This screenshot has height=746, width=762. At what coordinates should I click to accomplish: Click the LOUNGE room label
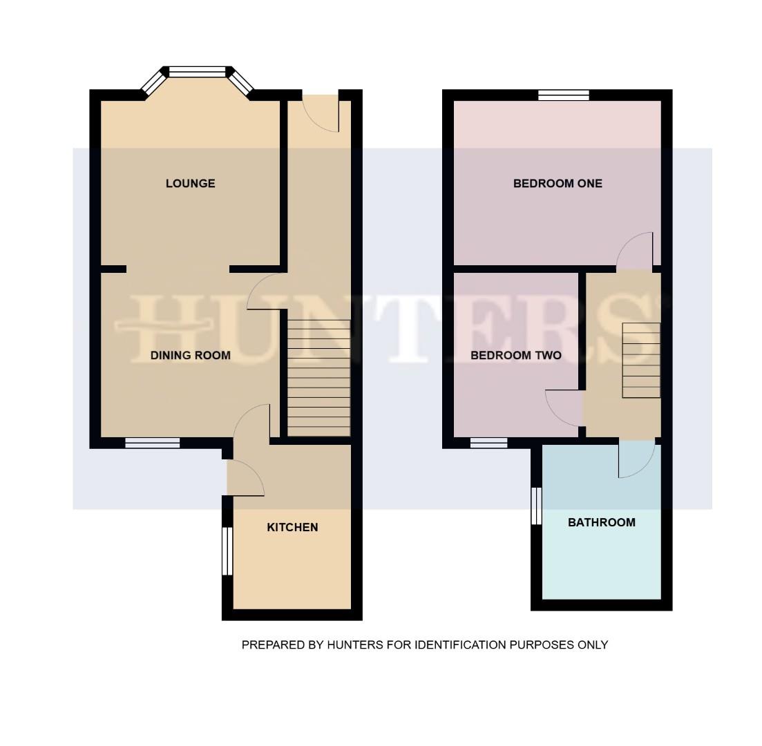(190, 183)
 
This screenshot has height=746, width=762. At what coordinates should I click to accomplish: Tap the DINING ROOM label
(191, 355)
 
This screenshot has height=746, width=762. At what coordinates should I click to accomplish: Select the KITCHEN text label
(292, 527)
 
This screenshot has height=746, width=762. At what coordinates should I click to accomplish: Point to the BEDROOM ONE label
(558, 183)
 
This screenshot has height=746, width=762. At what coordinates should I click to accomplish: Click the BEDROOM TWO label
(516, 355)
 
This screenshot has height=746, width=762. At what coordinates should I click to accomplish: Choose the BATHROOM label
(602, 522)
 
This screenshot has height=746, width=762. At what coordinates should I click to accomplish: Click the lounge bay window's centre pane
(198, 72)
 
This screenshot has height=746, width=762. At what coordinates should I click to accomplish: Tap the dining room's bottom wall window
(153, 443)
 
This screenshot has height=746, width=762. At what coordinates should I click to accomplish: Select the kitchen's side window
(227, 551)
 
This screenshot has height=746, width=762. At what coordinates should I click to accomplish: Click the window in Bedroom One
(564, 95)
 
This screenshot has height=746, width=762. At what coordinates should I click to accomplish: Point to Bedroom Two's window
(489, 443)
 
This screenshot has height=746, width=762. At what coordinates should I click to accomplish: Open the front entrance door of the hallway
(320, 113)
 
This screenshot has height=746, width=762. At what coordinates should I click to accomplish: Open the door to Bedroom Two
(564, 408)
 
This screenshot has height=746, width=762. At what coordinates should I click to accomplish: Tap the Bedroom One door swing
(635, 251)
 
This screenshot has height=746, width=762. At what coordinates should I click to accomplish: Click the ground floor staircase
(318, 377)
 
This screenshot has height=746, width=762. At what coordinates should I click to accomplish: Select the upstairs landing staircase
(642, 360)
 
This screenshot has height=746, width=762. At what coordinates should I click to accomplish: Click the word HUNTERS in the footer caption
(355, 645)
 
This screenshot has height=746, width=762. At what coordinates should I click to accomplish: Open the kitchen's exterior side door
(246, 477)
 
